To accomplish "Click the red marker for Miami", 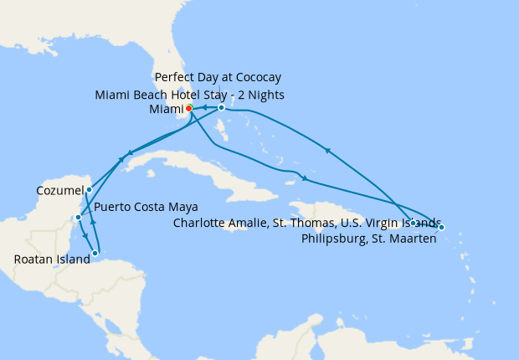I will (189, 108).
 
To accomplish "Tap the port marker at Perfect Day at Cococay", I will (221, 107).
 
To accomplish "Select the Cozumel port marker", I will (89, 190).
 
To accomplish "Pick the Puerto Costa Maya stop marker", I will (78, 218).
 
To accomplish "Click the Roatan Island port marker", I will (95, 252).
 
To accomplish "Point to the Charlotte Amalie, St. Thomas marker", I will (414, 222).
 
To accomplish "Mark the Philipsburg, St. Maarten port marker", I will (441, 227).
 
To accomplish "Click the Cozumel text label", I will (60, 191).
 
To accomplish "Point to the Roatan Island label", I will (52, 260).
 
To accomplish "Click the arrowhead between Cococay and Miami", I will (204, 107).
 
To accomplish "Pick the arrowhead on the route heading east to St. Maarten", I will (306, 179).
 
